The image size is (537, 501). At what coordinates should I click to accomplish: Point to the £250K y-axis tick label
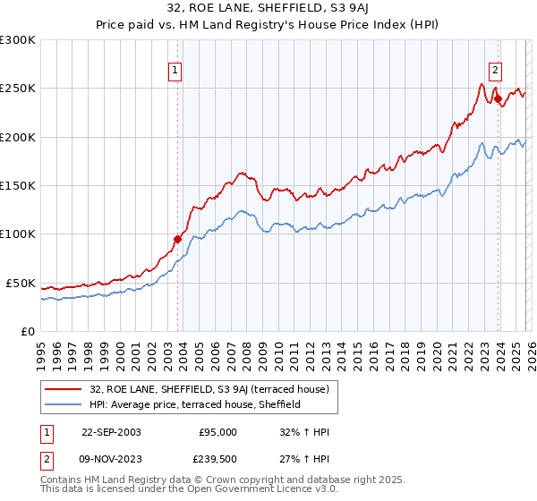pyautogui.click(x=18, y=89)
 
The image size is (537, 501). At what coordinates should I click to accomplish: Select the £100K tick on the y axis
pyautogui.click(x=18, y=234)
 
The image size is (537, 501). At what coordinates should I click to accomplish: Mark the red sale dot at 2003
pyautogui.click(x=178, y=239)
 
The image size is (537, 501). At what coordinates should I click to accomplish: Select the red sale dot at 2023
pyautogui.click(x=497, y=98)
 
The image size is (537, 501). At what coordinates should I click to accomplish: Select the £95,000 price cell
pyautogui.click(x=217, y=432)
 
